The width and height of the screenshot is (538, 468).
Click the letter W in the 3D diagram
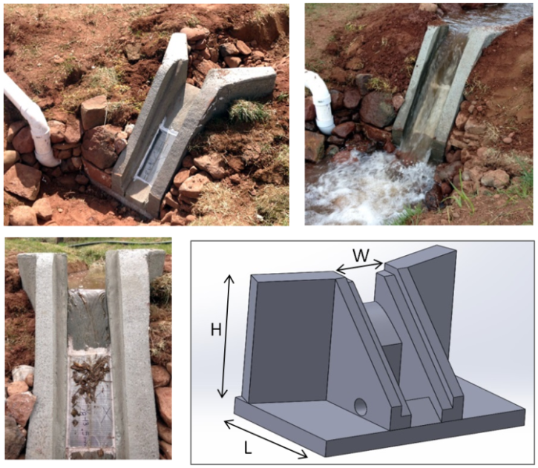(x=361, y=255)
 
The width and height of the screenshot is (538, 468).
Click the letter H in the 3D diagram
(x=216, y=331)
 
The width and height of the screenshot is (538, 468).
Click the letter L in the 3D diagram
(x=248, y=447)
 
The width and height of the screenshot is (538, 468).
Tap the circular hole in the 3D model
(x=361, y=407)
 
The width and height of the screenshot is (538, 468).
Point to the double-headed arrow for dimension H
(x=226, y=336)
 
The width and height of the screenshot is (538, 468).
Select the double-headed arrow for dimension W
(x=359, y=268)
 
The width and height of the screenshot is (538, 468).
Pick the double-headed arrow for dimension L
(x=266, y=439)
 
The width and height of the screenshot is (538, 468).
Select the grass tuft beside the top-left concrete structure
(x=248, y=111)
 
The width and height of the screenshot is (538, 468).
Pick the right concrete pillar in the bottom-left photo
(x=132, y=353)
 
